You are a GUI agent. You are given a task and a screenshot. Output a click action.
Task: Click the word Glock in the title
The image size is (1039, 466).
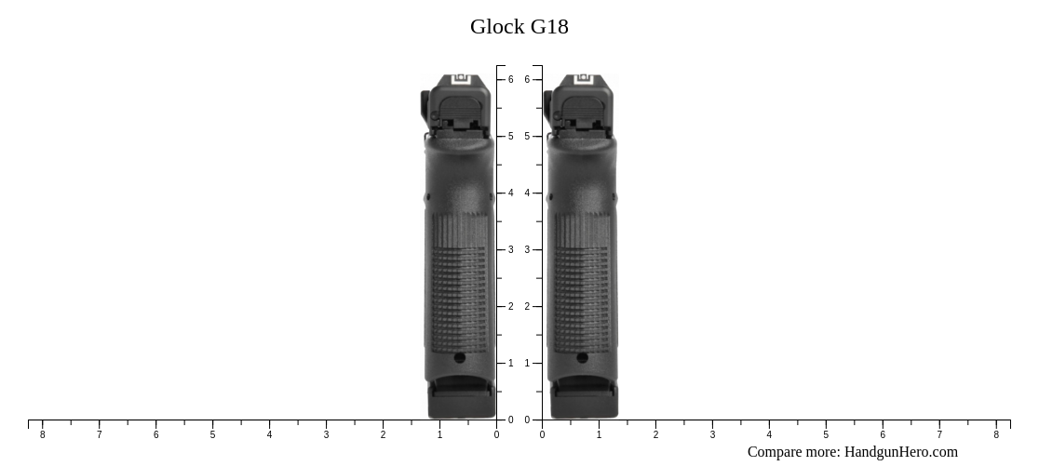click(x=497, y=27)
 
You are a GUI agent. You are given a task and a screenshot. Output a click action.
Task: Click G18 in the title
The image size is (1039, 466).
click(x=549, y=27)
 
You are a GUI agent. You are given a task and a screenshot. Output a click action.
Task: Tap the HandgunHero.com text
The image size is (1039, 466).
click(x=900, y=452)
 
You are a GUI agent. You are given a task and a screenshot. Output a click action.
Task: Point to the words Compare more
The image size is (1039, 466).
click(x=793, y=452)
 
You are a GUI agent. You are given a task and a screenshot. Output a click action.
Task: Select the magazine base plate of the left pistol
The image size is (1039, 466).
click(x=461, y=402)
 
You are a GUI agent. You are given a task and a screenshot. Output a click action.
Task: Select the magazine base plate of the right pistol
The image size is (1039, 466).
click(x=584, y=402)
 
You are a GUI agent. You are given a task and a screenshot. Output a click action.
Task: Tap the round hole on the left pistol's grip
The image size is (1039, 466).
click(x=460, y=357)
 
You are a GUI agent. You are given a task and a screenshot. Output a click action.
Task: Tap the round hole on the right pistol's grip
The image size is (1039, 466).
click(x=583, y=357)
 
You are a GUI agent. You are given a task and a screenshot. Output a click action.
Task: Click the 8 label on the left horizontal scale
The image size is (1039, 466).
click(x=42, y=434)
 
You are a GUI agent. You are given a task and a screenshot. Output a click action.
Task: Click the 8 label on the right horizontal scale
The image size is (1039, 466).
click(x=996, y=434)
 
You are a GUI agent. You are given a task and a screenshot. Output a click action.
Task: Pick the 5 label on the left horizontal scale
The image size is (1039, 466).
click(x=212, y=434)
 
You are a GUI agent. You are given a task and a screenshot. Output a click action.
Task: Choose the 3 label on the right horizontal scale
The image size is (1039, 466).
click(x=712, y=434)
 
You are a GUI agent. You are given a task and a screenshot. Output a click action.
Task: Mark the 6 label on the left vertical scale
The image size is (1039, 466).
click(x=511, y=80)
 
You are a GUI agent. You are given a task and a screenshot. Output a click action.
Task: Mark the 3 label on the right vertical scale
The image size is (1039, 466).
click(x=527, y=250)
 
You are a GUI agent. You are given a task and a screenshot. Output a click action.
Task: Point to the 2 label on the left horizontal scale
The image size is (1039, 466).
click(x=383, y=434)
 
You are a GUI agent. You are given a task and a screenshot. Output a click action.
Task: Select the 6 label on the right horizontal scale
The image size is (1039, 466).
click(x=883, y=434)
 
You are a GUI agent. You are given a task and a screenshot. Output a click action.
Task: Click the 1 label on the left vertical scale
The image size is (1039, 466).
click(x=511, y=364)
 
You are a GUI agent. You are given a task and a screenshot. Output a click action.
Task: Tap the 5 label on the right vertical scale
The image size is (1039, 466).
click(x=527, y=137)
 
